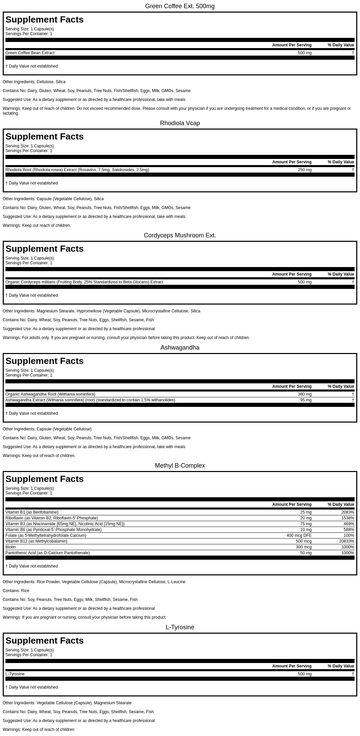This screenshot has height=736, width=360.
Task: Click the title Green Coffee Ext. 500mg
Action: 180,6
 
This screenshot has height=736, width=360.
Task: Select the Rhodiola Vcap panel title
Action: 180,123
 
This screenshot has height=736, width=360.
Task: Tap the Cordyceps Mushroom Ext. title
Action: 180,235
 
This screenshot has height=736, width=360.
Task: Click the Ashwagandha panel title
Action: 180,348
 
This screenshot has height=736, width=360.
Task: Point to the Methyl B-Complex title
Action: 180,466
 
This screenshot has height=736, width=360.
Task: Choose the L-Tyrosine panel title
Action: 180,627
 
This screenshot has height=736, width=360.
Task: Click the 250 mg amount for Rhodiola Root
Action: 304,170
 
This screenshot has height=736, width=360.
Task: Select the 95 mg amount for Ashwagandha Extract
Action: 306,400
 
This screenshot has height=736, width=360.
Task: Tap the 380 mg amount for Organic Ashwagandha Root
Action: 304,394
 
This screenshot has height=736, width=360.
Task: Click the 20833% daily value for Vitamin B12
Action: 346,541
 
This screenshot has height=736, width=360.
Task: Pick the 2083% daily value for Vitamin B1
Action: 347,512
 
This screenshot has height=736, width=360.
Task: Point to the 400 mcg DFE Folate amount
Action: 299,535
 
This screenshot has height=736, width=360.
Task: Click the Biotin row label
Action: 11,547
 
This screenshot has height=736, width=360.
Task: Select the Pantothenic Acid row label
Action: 47,553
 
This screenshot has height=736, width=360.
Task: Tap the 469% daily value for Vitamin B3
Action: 349,524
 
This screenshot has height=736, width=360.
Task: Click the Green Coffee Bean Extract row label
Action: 30,53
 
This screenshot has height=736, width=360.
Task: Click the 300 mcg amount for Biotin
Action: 303,547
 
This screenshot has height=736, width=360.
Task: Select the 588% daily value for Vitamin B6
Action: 349,530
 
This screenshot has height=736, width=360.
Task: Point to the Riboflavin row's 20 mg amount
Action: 306,518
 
